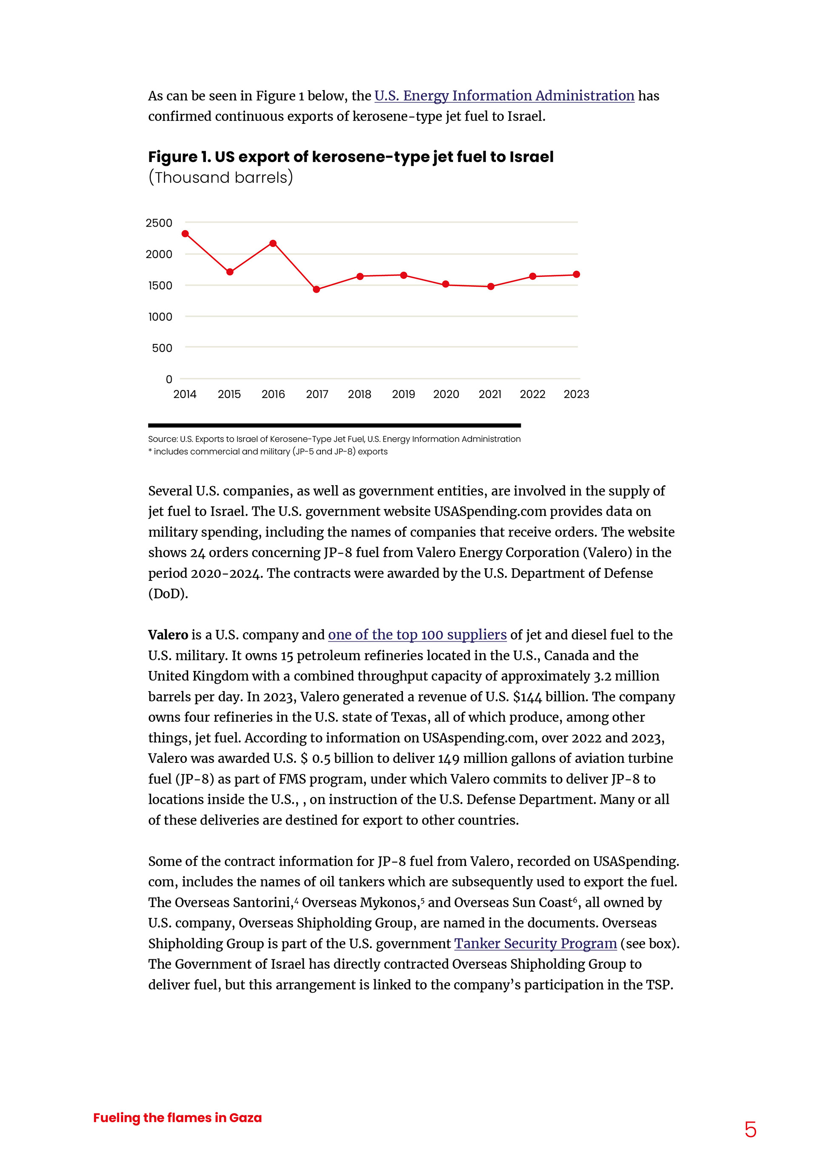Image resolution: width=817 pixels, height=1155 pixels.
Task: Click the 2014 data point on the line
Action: (x=185, y=234)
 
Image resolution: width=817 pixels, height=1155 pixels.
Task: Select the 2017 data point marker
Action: (x=316, y=289)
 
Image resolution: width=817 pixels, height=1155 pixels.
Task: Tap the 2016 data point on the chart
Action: (x=273, y=244)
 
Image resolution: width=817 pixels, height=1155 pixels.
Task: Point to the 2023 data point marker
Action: (x=577, y=275)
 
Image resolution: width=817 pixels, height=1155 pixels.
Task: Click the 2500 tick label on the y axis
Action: (x=159, y=223)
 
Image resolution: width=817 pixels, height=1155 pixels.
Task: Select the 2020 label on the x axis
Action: (x=446, y=394)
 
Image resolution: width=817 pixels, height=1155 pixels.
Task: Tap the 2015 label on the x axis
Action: (x=229, y=394)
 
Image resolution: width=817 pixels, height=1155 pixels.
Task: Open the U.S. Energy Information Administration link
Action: (x=504, y=96)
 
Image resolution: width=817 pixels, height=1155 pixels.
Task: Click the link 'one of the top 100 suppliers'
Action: (x=417, y=635)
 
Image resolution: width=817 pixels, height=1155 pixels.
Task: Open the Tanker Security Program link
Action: (x=535, y=944)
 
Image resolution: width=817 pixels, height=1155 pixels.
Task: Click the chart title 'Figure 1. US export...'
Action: (x=350, y=157)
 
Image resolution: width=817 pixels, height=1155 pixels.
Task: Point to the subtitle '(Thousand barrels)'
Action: (x=220, y=178)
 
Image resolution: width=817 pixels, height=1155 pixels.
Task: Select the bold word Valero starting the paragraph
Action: (x=168, y=635)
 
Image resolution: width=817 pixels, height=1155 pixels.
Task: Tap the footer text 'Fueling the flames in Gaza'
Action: (x=177, y=1118)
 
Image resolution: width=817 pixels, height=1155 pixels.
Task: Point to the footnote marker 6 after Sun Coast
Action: (x=575, y=899)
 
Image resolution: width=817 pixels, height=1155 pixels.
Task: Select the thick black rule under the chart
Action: (x=334, y=426)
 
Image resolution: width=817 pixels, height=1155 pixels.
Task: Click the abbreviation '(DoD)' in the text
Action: (x=168, y=594)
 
